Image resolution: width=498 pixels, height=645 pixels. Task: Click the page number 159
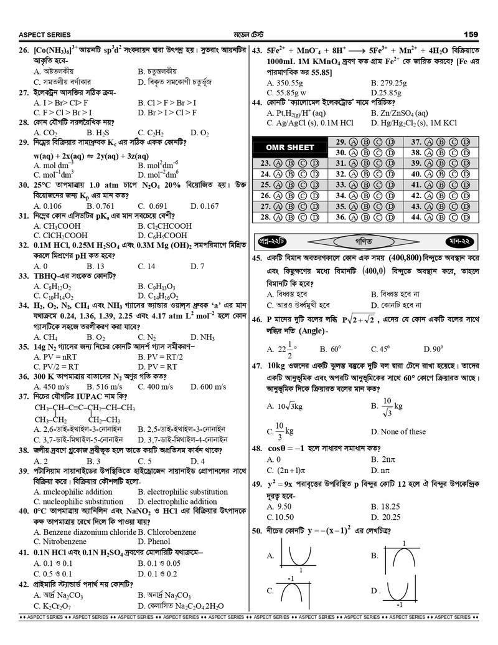(471, 34)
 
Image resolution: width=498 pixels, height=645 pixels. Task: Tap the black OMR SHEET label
(290, 148)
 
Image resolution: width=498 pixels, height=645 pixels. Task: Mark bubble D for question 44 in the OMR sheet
(466, 217)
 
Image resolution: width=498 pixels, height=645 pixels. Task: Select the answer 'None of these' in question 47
(398, 431)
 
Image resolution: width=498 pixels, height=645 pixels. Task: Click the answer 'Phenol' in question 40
(161, 542)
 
